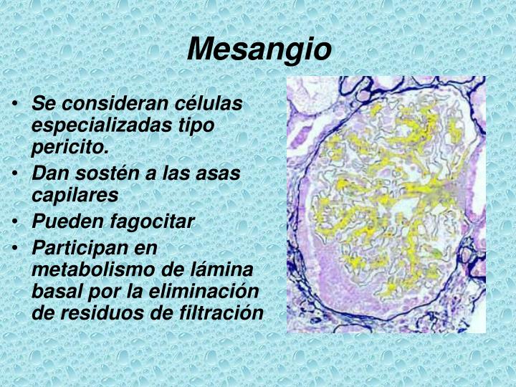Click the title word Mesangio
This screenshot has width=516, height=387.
point(260,49)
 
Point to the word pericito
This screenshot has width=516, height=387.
point(70,148)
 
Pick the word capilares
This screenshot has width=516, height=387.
point(75,195)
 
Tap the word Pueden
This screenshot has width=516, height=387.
point(62,221)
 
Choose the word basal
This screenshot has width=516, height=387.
point(55,292)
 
